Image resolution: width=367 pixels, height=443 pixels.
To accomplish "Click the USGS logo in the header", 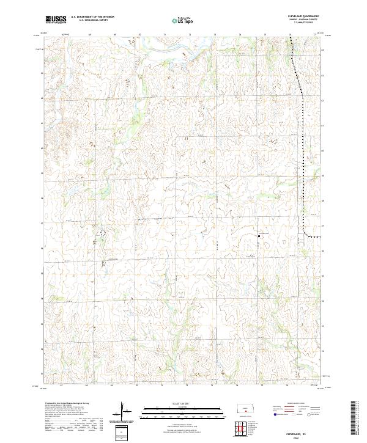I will pyautogui.click(x=55, y=20).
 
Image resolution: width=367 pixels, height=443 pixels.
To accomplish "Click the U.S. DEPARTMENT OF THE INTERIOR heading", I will pyautogui.click(x=93, y=17).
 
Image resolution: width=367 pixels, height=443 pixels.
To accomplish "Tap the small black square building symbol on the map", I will pyautogui.click(x=259, y=235).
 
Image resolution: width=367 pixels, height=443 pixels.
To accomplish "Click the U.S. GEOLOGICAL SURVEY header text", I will pyautogui.click(x=89, y=20).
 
